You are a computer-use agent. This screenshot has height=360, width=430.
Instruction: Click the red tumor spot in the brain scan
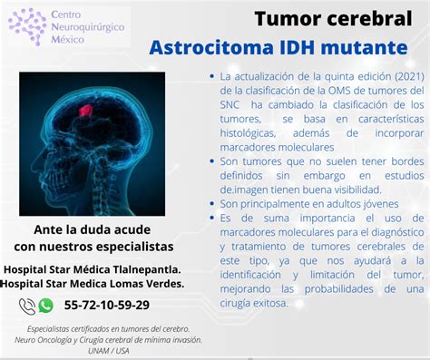pyautogui.click(x=84, y=111)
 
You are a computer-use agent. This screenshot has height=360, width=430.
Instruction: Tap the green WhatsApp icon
pyautogui.click(x=45, y=306)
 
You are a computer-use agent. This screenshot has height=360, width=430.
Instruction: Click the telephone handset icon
pyautogui.click(x=26, y=306)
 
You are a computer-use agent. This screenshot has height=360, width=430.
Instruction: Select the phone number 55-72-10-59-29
pyautogui.click(x=107, y=306)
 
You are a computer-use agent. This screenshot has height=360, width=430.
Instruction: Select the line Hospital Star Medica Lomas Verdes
pyautogui.click(x=93, y=283)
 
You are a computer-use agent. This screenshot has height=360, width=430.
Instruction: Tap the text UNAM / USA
pyautogui.click(x=110, y=351)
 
